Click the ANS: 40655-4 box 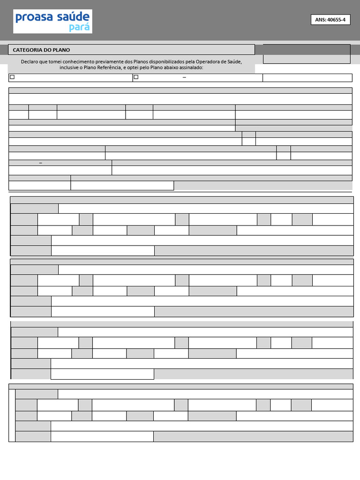[x=330, y=20]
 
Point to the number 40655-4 [x=337, y=20]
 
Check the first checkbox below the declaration [x=13, y=77]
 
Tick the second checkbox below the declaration [x=136, y=77]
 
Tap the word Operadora [x=217, y=62]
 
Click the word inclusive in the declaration [x=69, y=67]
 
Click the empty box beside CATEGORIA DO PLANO [x=307, y=54]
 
